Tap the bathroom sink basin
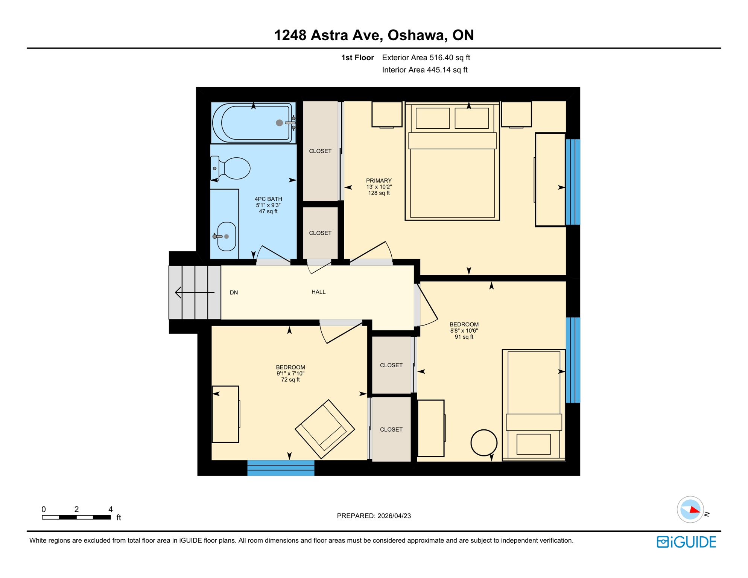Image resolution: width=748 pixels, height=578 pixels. [x=227, y=236]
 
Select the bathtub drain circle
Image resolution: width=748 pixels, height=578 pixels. [x=279, y=123]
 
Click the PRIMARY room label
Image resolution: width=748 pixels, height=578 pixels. [x=379, y=181]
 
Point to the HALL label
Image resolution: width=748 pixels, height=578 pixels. [x=318, y=292]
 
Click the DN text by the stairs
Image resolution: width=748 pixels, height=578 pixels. [x=234, y=292]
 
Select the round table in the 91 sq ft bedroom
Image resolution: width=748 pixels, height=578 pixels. [x=484, y=443]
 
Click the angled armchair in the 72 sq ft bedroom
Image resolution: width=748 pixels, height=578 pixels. [x=325, y=429]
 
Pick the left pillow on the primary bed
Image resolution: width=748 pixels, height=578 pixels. [x=433, y=118]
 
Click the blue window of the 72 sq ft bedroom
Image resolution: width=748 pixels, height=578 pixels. [x=281, y=468]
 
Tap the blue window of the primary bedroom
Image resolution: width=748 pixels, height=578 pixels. [x=573, y=182]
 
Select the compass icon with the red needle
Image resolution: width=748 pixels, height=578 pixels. [x=690, y=510]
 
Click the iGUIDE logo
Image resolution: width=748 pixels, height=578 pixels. [x=686, y=542]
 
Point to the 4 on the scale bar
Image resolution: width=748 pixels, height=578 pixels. [x=110, y=509]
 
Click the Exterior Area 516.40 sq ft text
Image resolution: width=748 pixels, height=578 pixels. [x=426, y=58]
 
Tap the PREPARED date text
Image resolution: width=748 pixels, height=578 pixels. [x=374, y=516]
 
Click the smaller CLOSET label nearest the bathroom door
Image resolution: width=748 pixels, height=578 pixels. [x=320, y=233]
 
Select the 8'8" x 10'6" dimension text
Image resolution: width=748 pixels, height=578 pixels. [x=464, y=331]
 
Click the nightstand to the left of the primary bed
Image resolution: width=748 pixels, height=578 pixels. [x=387, y=114]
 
